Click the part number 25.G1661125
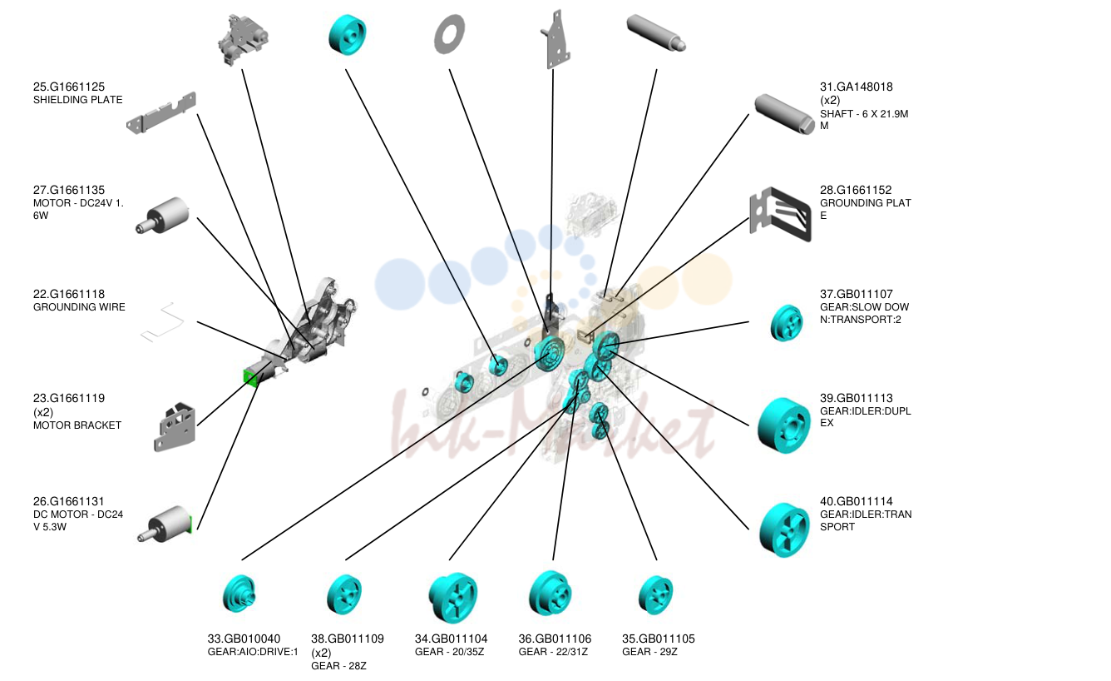pos(69,87)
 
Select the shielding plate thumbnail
pos(161,113)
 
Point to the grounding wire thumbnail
pos(162,322)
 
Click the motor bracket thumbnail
pos(175,427)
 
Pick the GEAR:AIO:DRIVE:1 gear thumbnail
pos(239,594)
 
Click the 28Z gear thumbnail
pos(344,594)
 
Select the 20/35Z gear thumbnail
pos(452,598)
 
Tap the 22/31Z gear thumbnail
pos(550,594)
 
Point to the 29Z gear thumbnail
pos(655,595)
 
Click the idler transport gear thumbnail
pos(784,530)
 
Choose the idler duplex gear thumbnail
pos(783,425)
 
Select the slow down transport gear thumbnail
pos(786,323)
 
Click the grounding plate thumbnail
pos(780,214)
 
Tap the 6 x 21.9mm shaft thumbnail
pos(784,114)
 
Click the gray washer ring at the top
pos(449,34)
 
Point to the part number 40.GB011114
pos(856,502)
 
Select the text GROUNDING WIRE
pos(79,307)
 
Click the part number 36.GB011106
pos(555,639)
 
